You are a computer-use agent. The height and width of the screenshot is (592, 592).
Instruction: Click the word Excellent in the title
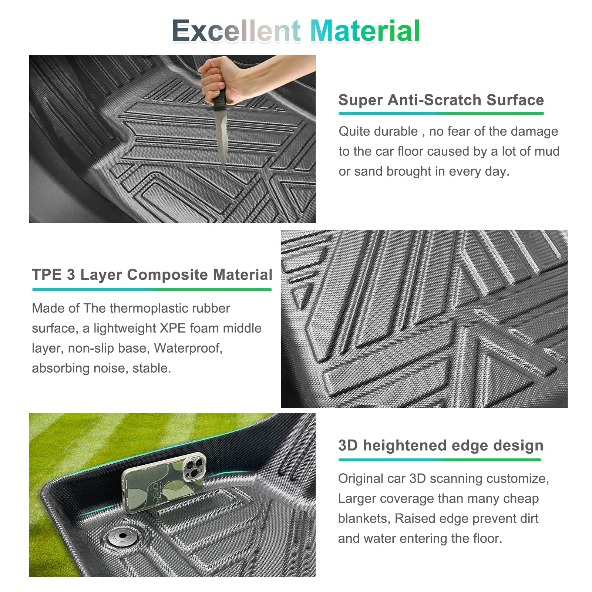(236, 31)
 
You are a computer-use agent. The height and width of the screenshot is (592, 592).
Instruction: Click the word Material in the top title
(365, 31)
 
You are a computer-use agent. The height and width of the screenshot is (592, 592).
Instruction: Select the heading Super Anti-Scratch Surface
(441, 100)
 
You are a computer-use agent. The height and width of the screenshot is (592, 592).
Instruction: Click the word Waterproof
(188, 348)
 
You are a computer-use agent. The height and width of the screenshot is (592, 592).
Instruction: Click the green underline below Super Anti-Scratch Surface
(441, 113)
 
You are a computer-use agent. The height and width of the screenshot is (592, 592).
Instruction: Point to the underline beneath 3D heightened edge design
(440, 460)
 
